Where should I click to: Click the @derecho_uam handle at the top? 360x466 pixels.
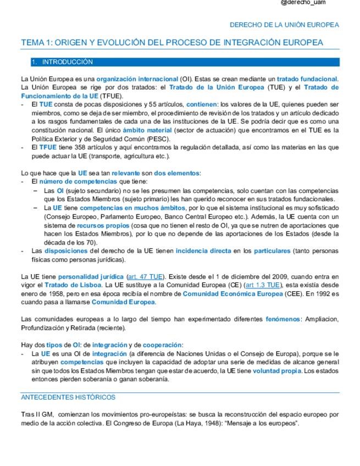coord(303,3)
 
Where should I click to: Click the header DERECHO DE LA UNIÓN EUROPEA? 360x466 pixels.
coord(284,25)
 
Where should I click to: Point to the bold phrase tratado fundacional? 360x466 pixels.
coord(307,79)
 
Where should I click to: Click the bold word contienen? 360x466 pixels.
coord(202,103)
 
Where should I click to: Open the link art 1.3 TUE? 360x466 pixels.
coord(262,286)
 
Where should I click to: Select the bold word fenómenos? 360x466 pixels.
coord(283,319)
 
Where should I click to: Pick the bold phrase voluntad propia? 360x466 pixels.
coord(277,371)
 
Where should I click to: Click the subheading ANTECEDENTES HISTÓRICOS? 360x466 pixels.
coord(68,397)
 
